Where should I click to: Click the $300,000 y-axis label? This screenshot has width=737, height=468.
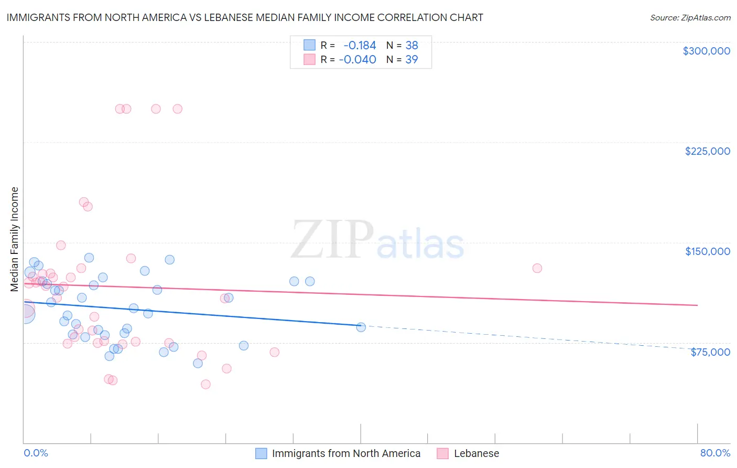706,51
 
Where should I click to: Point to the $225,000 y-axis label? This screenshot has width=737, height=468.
707,151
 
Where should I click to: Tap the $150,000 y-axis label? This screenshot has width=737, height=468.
707,251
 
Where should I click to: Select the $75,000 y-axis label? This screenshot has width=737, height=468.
710,352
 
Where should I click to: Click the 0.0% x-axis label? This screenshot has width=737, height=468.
36,453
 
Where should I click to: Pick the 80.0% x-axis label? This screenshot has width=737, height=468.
715,453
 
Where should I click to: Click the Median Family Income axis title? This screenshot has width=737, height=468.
15,239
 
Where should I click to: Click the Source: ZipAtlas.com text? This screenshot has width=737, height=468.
690,17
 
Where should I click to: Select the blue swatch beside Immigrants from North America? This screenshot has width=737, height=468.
261,453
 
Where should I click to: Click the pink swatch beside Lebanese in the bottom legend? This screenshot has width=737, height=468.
443,453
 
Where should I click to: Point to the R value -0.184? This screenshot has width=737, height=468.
360,46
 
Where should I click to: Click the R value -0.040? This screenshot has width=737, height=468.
357,60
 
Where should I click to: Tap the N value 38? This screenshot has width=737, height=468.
411,46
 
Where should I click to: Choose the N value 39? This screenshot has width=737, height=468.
411,60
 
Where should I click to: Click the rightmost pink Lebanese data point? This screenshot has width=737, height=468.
537,268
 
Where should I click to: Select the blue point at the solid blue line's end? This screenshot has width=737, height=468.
361,327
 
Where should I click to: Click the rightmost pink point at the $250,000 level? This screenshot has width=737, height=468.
177,109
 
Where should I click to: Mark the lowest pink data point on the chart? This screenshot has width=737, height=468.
205,384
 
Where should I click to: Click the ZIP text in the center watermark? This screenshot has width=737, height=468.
332,240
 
